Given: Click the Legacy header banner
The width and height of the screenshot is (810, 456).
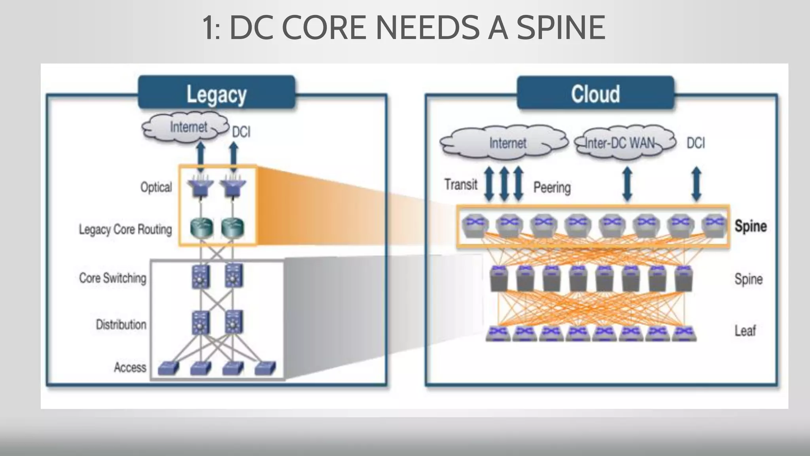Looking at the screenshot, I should pyautogui.click(x=216, y=93).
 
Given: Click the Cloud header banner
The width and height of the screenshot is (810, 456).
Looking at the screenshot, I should pyautogui.click(x=595, y=93).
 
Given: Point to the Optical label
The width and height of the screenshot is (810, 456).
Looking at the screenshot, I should pyautogui.click(x=156, y=187).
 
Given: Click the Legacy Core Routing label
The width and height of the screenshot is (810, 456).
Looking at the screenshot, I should pyautogui.click(x=125, y=229).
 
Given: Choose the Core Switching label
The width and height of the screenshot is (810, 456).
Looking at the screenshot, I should pyautogui.click(x=113, y=278).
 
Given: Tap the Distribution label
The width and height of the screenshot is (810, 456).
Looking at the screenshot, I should pyautogui.click(x=121, y=325).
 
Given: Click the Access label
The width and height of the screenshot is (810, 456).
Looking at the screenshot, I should pyautogui.click(x=130, y=367).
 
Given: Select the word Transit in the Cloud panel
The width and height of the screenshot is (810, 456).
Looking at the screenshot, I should pyautogui.click(x=461, y=184).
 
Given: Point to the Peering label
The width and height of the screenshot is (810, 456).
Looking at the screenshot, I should pyautogui.click(x=552, y=187).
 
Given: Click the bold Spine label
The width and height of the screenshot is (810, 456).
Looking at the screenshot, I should pyautogui.click(x=751, y=226).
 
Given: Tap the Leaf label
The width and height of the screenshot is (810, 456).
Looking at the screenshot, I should pyautogui.click(x=745, y=331).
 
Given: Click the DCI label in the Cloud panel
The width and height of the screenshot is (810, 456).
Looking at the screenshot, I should pyautogui.click(x=696, y=143).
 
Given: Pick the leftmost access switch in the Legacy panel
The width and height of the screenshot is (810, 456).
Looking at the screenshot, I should pyautogui.click(x=168, y=368).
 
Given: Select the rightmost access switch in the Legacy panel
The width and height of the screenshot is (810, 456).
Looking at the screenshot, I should pyautogui.click(x=265, y=368).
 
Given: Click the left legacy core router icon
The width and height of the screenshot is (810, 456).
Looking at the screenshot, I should pyautogui.click(x=201, y=228).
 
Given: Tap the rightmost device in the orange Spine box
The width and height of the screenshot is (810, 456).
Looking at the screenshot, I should pyautogui.click(x=714, y=226).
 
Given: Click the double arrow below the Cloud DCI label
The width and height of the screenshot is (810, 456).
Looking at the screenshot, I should pyautogui.click(x=696, y=184).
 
